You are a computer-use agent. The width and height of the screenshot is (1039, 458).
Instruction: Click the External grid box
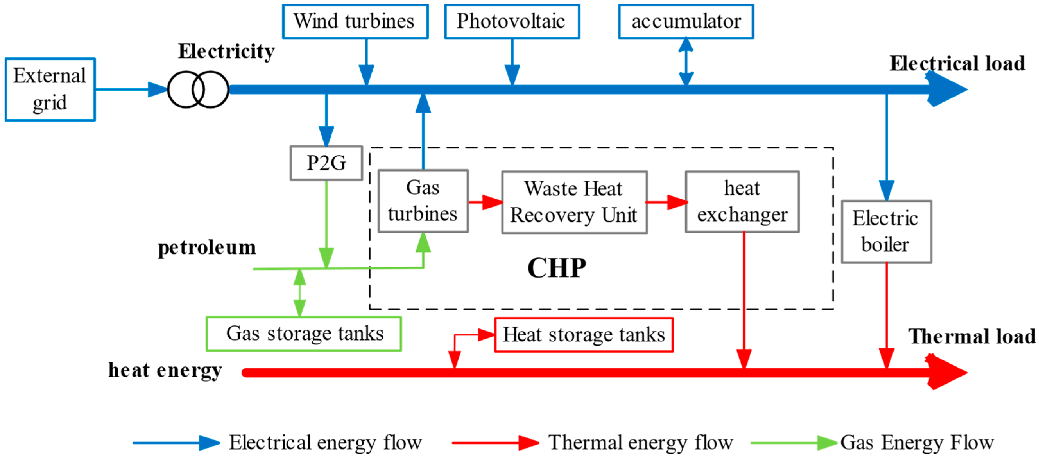pyautogui.click(x=50, y=89)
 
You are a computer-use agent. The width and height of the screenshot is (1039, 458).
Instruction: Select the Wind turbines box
pyautogui.click(x=355, y=21)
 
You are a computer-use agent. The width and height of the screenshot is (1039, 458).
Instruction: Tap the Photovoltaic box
pyautogui.click(x=511, y=21)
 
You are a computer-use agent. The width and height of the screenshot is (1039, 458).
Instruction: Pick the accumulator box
pyautogui.click(x=686, y=21)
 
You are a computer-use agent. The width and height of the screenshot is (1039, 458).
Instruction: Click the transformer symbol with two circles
pyautogui.click(x=198, y=89)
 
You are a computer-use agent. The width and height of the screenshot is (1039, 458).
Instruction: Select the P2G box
pyautogui.click(x=326, y=163)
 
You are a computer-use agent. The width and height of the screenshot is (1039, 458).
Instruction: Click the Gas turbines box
pyautogui.click(x=423, y=201)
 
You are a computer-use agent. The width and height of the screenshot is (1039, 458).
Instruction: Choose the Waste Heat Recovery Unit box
pyautogui.click(x=574, y=202)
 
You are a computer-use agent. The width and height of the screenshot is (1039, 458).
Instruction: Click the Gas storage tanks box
pyautogui.click(x=304, y=334)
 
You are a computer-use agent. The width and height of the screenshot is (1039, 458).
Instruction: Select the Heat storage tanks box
pyautogui.click(x=583, y=335)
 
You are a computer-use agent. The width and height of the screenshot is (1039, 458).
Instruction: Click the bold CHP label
pyautogui.click(x=557, y=268)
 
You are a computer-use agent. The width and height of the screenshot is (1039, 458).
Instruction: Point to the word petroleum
pyautogui.click(x=207, y=248)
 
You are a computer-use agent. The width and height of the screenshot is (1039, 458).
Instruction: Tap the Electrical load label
pyautogui.click(x=957, y=63)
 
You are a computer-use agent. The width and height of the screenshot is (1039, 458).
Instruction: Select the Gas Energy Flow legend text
pyautogui.click(x=917, y=443)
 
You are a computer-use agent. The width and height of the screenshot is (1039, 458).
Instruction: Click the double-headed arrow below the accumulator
pyautogui.click(x=686, y=62)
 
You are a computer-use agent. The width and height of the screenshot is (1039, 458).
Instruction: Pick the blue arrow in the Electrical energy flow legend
pyautogui.click(x=176, y=443)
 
